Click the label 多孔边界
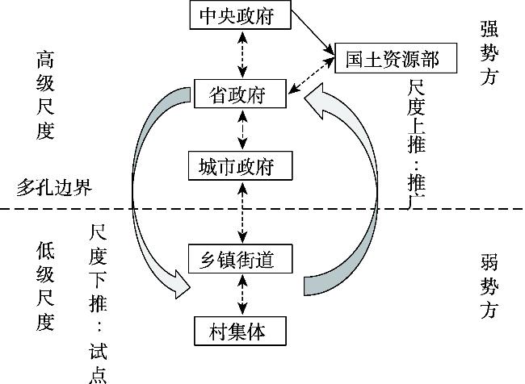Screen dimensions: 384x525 [53, 187]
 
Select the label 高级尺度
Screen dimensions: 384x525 [44, 95]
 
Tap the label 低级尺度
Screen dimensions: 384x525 [44, 286]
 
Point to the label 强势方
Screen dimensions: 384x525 [489, 53]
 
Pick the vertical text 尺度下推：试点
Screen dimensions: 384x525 [99, 303]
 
